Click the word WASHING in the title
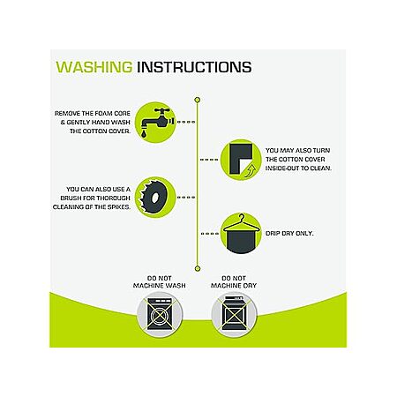tap(94, 67)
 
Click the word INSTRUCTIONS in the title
tap(194, 67)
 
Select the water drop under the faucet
tap(144, 134)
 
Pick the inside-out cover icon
tap(241, 160)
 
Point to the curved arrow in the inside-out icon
tap(251, 171)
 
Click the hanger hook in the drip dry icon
tap(242, 217)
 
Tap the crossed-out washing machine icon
tap(160, 314)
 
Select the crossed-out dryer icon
tap(234, 314)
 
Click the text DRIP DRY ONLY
tap(289, 234)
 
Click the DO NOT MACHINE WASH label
tap(160, 281)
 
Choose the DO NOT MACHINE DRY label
tap(234, 281)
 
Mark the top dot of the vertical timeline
tap(198, 100)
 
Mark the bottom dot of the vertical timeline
tap(198, 268)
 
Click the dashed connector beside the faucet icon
tap(186, 122)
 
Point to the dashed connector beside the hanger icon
tap(210, 234)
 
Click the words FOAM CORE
tap(114, 113)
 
